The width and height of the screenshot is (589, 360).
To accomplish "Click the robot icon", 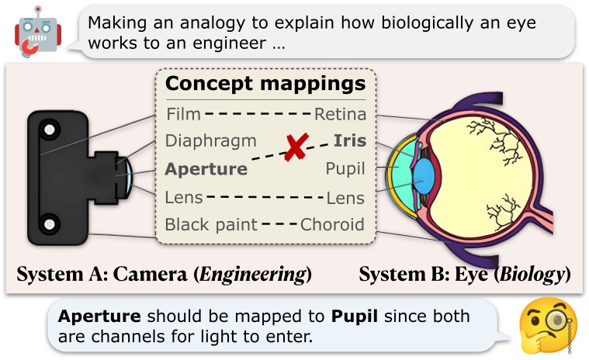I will pos(33,36).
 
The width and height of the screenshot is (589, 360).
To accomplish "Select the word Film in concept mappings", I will pos(183,116).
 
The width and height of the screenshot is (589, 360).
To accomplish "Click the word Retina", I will pos(340,116).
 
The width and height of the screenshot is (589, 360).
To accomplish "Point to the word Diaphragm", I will pos(210,141).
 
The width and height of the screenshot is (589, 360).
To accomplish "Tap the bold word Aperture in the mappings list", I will pos(206,168).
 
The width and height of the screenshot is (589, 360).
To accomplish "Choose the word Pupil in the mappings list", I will pos(345,168).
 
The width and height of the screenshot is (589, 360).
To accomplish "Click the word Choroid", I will pos(332,225).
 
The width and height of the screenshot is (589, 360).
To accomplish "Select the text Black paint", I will pos(211,225).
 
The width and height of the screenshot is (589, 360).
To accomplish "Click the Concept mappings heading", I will pos(265,84).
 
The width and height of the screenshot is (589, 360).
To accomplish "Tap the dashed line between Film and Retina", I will pos(258,116).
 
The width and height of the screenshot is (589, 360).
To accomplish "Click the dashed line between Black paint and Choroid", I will pos(279,225).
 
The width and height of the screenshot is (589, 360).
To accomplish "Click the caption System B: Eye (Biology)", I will pos(465,274).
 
